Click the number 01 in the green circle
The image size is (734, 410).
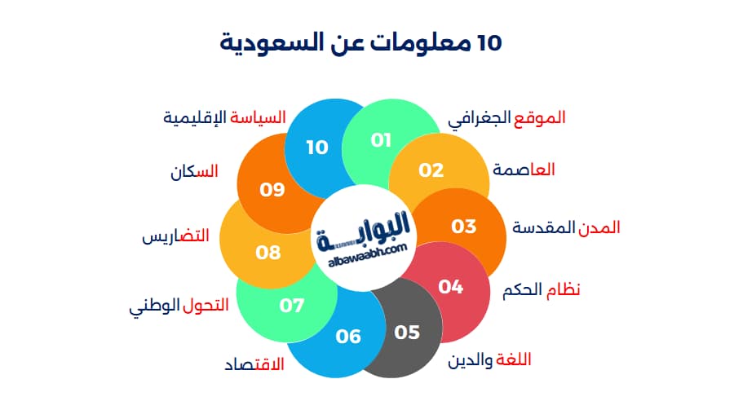[x=381, y=140]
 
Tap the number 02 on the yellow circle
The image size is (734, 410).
[x=431, y=170]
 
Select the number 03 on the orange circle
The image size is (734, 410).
[x=464, y=226]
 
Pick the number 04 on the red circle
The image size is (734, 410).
[x=451, y=286]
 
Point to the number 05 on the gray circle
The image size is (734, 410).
[x=407, y=332]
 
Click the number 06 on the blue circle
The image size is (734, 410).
[x=348, y=336]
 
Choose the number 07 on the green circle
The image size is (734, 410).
[x=292, y=306]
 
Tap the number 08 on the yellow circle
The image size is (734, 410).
[x=268, y=252]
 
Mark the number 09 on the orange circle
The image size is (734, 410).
[x=272, y=190]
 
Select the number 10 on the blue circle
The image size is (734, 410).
[x=317, y=147]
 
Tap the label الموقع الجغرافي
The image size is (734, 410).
[x=506, y=117]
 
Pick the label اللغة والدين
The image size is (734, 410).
[x=494, y=359]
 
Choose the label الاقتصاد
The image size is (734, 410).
[x=254, y=364]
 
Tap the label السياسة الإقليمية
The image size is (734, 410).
[x=224, y=117]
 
